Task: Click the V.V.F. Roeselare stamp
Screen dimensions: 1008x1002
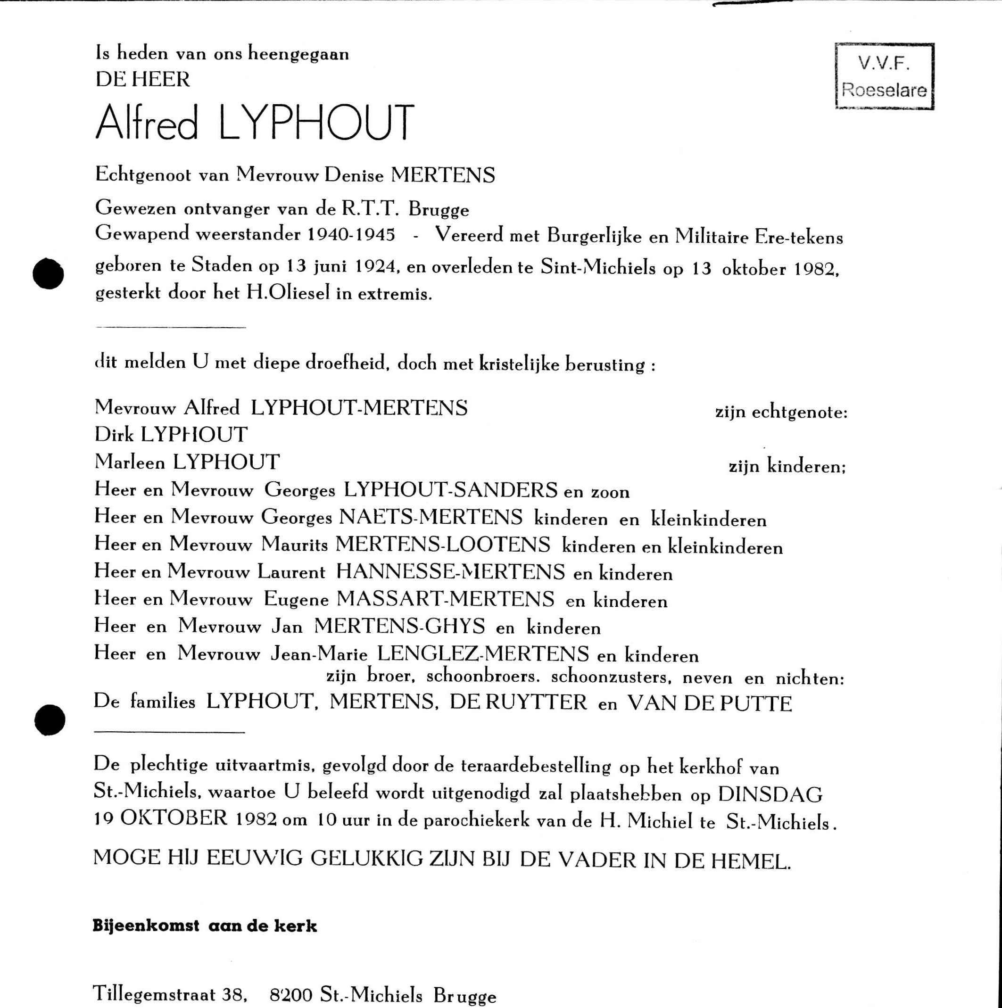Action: point(885,76)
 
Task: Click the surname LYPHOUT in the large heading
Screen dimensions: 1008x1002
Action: point(316,123)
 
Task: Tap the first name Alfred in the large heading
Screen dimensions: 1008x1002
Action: point(147,123)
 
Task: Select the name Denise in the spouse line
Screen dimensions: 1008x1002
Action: point(354,175)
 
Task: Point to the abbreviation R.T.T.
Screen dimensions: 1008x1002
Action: point(371,208)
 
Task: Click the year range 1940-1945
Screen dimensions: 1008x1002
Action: point(351,234)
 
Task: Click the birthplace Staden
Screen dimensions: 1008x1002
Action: point(222,265)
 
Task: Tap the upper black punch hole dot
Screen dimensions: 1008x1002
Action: point(48,273)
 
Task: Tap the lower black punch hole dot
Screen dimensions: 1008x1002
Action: point(50,720)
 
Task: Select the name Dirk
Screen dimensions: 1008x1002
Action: point(114,435)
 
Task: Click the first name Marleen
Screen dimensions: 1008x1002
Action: point(130,462)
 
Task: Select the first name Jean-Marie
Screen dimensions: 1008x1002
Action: point(319,654)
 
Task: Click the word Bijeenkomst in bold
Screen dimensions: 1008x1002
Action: point(146,926)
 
